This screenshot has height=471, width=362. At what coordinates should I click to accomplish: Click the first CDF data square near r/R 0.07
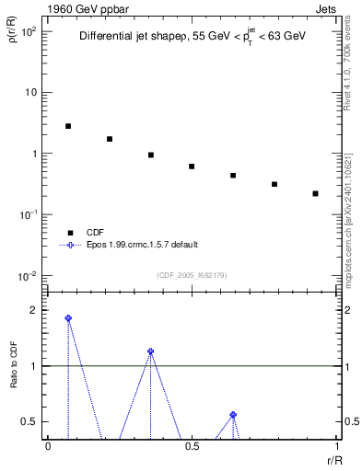pyautogui.click(x=68, y=126)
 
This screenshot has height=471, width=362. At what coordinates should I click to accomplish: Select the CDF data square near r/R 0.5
pyautogui.click(x=192, y=167)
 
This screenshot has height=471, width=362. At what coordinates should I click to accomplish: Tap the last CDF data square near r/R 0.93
pyautogui.click(x=315, y=194)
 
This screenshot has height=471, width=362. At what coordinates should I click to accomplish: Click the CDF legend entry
pyautogui.click(x=94, y=233)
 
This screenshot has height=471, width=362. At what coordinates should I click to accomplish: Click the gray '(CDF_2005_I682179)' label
pyautogui.click(x=193, y=275)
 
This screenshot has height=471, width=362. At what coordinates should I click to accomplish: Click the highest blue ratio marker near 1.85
pyautogui.click(x=68, y=318)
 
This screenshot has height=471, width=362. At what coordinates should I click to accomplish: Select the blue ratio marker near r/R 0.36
pyautogui.click(x=150, y=351)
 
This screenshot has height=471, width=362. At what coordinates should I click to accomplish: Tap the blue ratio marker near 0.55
pyautogui.click(x=233, y=415)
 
